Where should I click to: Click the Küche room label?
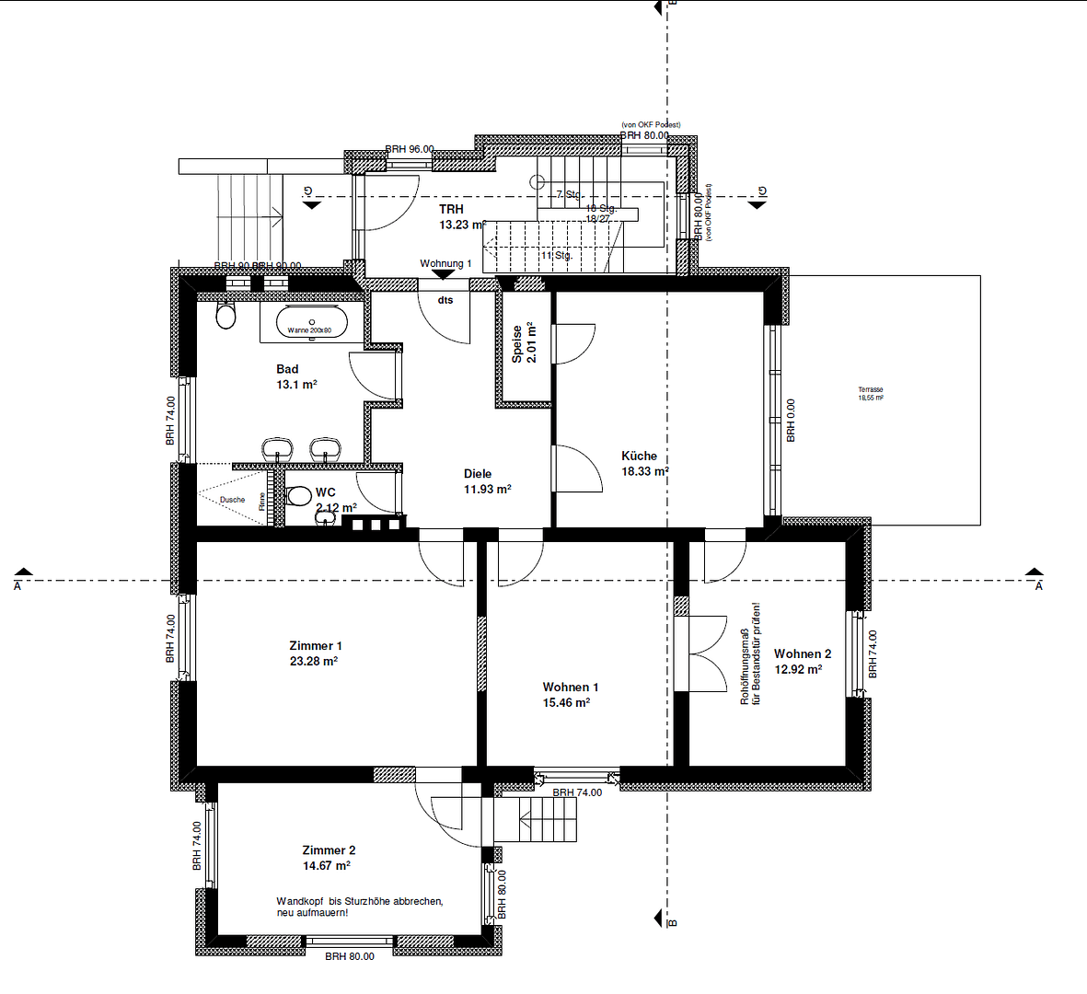pos(639,456)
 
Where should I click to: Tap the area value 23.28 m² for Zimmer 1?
pos(314,661)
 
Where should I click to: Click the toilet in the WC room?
pos(299,497)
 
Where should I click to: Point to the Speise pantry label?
pos(517,343)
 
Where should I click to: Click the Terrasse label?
pos(870,390)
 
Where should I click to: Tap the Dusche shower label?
pos(232,500)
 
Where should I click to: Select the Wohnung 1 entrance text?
pos(445,263)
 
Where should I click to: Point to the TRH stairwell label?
pos(451,210)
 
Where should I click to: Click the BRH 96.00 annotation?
pos(409,149)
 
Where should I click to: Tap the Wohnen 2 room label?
pos(802,653)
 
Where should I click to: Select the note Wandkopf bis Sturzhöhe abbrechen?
pos(360,901)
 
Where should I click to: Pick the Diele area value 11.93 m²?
pos(487,490)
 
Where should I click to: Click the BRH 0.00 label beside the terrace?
pos(791,420)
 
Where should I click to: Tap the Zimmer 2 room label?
pos(329,850)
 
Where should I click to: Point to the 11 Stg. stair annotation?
pos(556,255)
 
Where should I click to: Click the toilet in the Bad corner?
pos(225,317)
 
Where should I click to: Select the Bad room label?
pos(287,369)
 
